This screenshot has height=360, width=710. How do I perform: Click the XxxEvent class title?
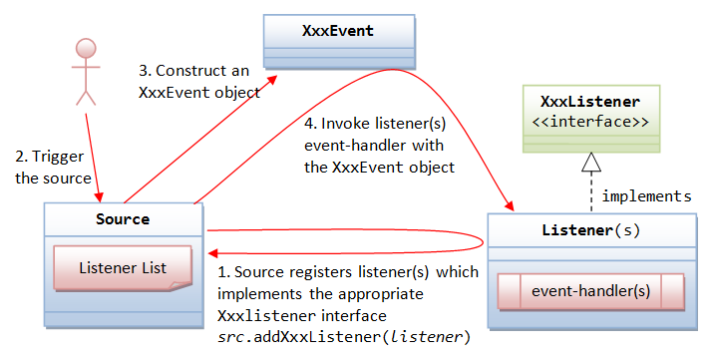(x=337, y=31)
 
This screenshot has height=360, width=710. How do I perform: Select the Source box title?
(x=125, y=218)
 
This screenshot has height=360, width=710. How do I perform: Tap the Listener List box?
(x=122, y=267)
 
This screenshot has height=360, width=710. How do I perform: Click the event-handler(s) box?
(x=591, y=292)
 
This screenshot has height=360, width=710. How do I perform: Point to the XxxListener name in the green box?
(x=590, y=102)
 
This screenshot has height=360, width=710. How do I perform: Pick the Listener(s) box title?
(x=590, y=230)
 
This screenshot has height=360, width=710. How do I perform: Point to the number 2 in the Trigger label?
(x=20, y=157)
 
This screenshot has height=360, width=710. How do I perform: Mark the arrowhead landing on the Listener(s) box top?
(x=511, y=206)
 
